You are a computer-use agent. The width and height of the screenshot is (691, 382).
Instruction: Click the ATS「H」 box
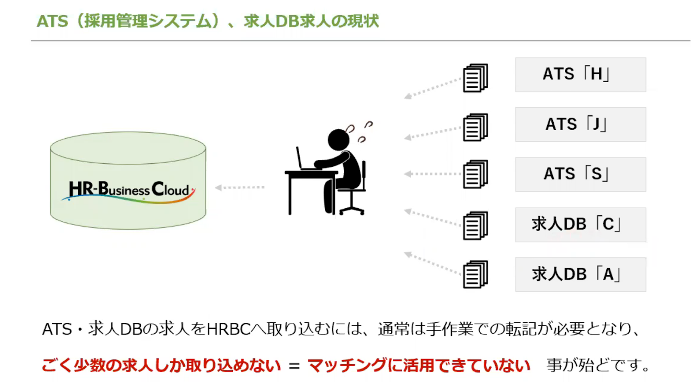click(x=580, y=75)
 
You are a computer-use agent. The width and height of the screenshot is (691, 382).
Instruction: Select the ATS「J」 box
click(x=580, y=124)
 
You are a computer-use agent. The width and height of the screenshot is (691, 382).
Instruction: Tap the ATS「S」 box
click(x=580, y=174)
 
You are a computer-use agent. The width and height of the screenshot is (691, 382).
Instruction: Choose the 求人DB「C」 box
click(x=580, y=225)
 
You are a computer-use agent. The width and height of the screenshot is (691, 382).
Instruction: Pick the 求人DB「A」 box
click(x=580, y=274)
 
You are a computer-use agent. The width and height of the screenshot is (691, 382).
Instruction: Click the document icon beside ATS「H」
click(x=475, y=78)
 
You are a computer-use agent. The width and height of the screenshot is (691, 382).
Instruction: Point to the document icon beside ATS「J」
click(x=475, y=127)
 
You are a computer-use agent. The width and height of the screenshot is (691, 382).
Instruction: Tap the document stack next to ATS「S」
click(x=475, y=174)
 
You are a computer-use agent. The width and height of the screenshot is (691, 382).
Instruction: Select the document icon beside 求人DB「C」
click(x=475, y=226)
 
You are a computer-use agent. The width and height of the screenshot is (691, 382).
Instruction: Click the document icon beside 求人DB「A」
click(x=475, y=274)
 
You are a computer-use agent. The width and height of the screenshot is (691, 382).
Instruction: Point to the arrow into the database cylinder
click(x=240, y=187)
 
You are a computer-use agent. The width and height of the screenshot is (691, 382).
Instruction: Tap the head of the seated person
click(x=339, y=140)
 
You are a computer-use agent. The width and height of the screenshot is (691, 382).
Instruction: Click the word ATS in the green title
click(x=52, y=21)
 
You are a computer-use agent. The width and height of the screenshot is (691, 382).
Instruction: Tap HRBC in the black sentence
click(x=228, y=329)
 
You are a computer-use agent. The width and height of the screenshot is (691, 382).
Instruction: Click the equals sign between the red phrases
click(x=294, y=366)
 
